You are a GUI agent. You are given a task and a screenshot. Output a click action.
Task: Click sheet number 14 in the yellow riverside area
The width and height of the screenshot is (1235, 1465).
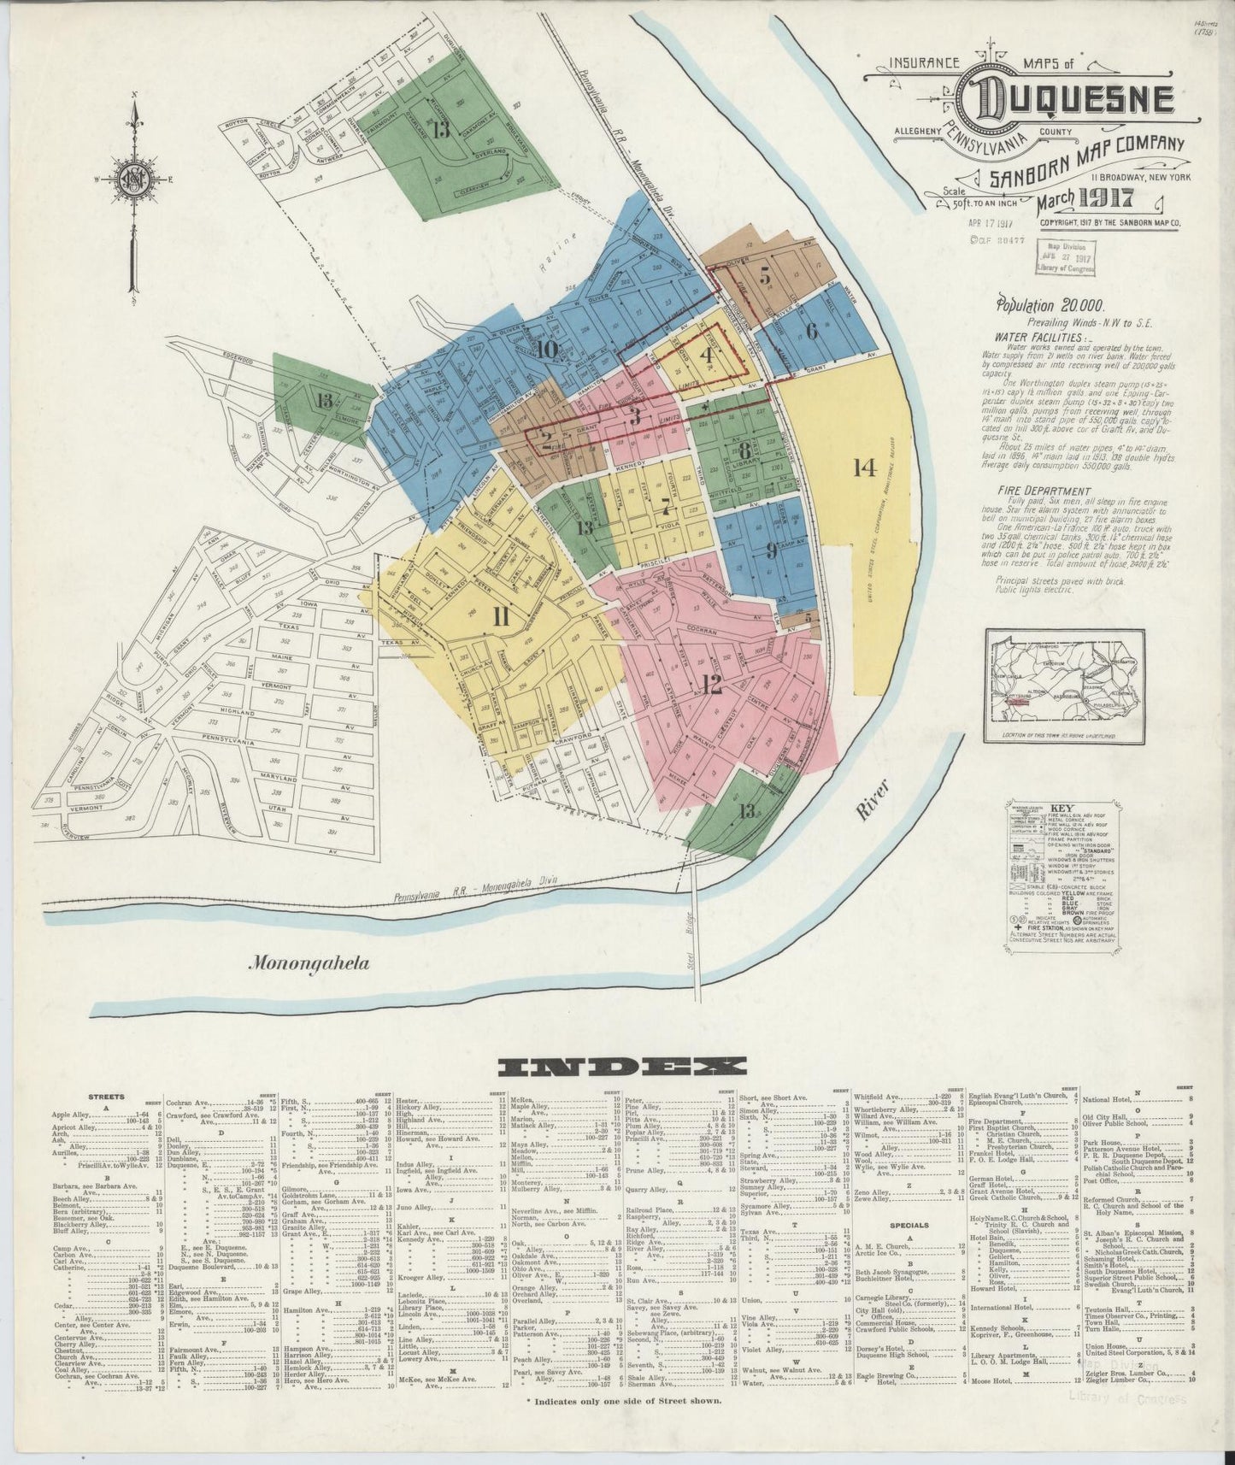pos(864,467)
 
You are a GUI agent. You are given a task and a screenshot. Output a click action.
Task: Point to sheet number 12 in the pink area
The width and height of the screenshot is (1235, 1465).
pos(711,684)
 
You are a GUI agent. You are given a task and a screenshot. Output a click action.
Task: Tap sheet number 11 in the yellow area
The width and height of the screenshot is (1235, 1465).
pos(501,617)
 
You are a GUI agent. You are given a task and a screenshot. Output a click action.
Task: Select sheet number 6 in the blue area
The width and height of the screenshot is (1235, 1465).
pos(811,331)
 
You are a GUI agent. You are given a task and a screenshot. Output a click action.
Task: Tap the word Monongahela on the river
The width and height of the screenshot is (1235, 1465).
pos(309,963)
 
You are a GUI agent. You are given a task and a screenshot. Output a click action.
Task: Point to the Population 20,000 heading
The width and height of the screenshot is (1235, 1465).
pos(1049,304)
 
